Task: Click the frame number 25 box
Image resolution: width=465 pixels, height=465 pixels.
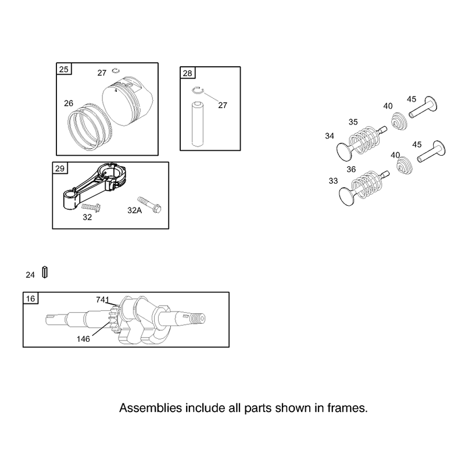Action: pos(64,69)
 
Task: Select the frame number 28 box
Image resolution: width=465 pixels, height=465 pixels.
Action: pos(187,73)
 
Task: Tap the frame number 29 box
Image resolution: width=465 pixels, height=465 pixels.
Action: pos(60,168)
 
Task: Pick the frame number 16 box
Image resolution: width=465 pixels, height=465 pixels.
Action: pos(31,298)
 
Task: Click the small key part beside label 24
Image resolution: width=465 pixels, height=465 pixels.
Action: pos(45,272)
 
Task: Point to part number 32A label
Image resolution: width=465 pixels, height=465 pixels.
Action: pos(135,210)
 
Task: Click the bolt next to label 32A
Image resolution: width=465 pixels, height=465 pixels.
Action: pos(149,205)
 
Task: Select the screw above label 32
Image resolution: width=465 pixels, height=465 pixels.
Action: pos(91,207)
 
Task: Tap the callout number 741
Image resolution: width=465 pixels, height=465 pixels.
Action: pos(103,300)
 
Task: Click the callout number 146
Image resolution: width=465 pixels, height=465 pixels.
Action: pos(83,339)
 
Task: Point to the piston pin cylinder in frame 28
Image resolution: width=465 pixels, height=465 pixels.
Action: pos(197,124)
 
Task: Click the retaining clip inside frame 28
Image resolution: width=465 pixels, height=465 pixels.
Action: pos(198,91)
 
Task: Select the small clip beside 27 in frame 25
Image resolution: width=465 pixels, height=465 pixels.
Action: pos(116,70)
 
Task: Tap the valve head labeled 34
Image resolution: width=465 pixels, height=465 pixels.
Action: pos(344,151)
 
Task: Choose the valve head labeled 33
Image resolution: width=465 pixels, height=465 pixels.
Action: pos(346,196)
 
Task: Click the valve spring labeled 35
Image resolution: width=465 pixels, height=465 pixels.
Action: pos(364,140)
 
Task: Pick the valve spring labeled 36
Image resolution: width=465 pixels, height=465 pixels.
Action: pos(367,185)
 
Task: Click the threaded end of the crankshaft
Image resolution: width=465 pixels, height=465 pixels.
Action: pos(197,319)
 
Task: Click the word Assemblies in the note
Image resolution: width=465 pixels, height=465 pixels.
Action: pos(151,408)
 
